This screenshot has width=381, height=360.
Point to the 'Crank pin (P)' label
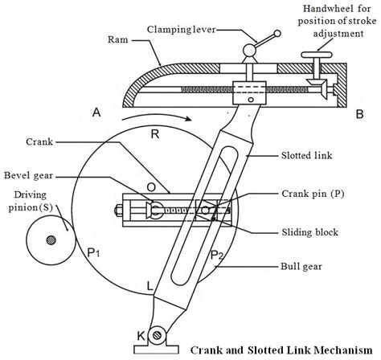tap(313, 194)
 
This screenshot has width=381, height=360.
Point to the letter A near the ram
tap(97, 114)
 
